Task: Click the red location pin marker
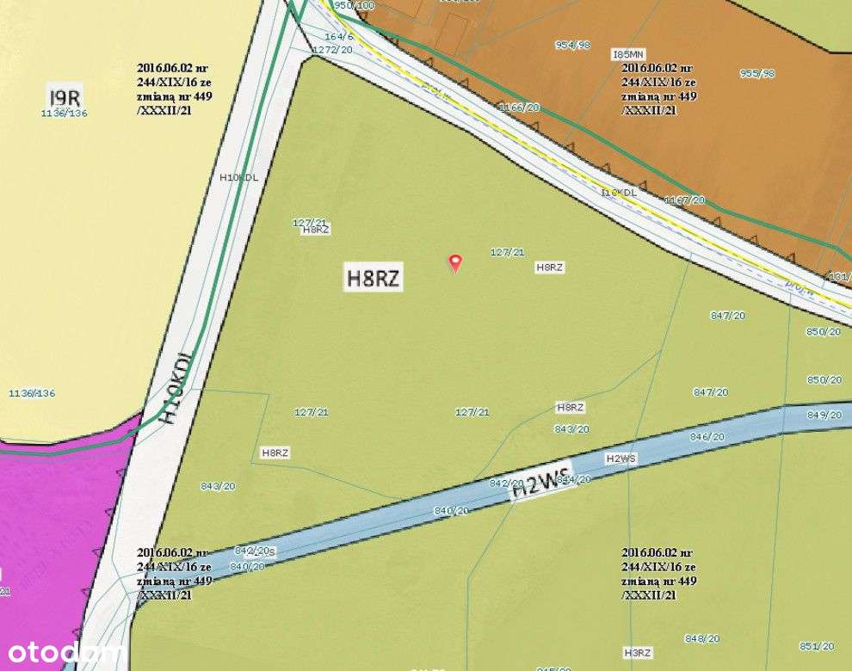click(x=455, y=262)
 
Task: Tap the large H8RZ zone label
click(x=374, y=278)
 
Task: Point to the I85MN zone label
click(x=627, y=53)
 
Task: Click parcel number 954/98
click(x=572, y=45)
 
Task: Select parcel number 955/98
click(x=757, y=73)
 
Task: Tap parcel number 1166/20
click(x=520, y=107)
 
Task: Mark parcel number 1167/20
click(x=684, y=200)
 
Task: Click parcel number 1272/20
click(x=332, y=50)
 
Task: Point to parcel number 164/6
click(x=339, y=36)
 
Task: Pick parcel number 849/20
click(x=824, y=415)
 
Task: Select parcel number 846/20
click(x=707, y=436)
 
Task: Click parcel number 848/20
click(x=701, y=638)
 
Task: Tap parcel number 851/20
click(x=816, y=646)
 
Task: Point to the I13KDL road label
click(x=619, y=192)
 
